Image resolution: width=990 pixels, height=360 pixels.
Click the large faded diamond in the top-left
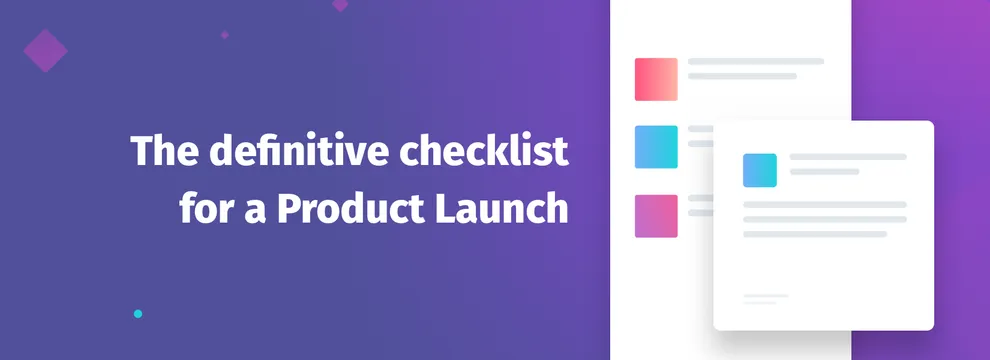tap(45, 49)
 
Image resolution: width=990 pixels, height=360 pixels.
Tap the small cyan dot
tap(138, 314)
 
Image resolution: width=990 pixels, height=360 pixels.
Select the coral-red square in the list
tap(656, 79)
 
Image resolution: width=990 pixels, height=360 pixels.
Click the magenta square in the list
tap(656, 216)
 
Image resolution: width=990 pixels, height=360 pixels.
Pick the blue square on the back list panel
tap(656, 147)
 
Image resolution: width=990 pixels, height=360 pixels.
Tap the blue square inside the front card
tap(760, 170)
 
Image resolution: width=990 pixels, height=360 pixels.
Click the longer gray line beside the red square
tap(756, 62)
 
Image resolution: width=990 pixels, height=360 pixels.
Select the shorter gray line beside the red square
tap(742, 76)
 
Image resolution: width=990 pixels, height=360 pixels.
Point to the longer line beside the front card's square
tap(848, 157)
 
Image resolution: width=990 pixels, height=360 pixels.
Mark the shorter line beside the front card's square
tap(825, 171)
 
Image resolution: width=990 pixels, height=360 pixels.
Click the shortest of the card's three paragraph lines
tap(815, 234)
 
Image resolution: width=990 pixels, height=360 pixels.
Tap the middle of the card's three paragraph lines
tap(825, 219)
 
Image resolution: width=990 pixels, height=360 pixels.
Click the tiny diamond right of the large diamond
tap(225, 34)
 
